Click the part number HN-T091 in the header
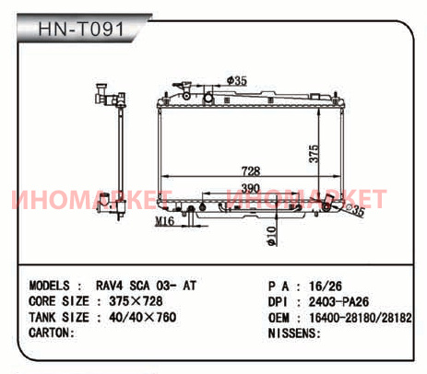81,29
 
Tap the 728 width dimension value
251,170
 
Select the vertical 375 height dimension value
314,153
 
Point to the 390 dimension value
250,188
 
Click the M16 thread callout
165,221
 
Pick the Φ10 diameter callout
272,236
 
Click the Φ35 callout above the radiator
237,81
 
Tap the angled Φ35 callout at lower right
356,210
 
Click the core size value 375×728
136,301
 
